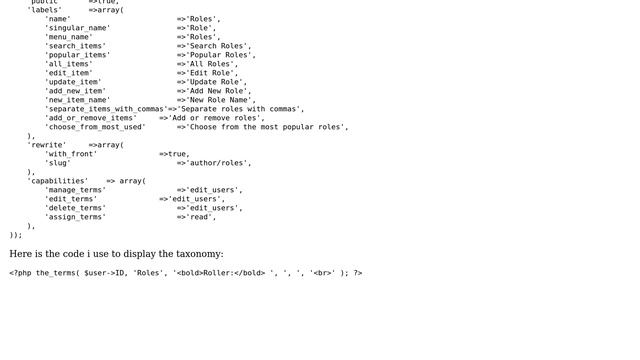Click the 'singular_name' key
coord(78,28)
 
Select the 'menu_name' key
coord(69,37)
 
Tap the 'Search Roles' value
coord(219,46)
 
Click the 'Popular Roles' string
coord(221,55)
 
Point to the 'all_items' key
coord(69,64)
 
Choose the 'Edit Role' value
coord(212,73)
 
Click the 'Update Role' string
coord(217,82)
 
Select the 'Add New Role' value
coord(219,91)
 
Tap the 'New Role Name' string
coord(221,100)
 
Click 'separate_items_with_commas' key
coord(106,109)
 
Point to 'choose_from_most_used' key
coord(95,127)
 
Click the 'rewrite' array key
coord(47,145)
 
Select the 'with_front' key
coord(71,154)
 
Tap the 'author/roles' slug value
coord(219,163)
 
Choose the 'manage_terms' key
coord(75,190)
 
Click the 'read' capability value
coord(201,217)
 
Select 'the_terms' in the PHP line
coord(55,272)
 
